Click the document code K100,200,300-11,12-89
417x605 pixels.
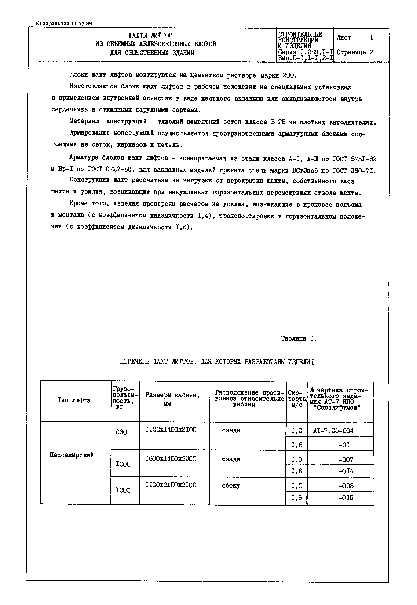pos(64,23)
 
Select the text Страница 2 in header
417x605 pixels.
pos(355,52)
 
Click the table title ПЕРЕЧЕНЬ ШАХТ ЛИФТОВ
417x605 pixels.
pos(217,362)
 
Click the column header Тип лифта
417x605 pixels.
pos(74,400)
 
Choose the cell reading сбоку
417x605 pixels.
pos(231,486)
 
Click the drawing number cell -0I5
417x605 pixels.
pos(346,498)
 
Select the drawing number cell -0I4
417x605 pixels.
pos(346,471)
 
